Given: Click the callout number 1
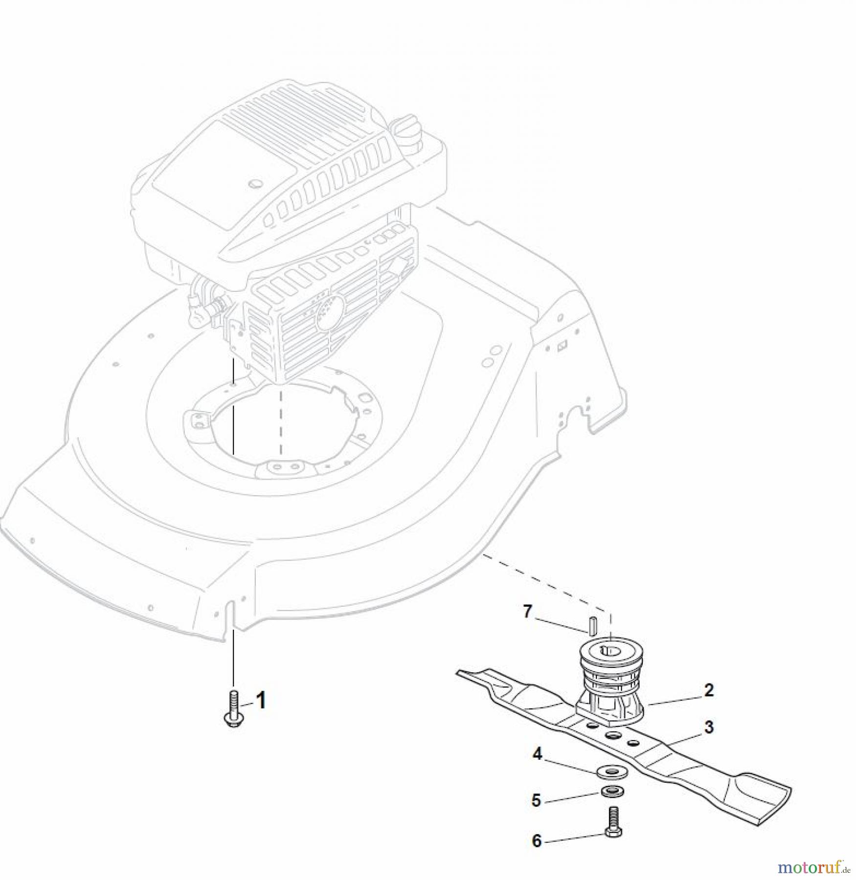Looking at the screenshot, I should pos(261,701).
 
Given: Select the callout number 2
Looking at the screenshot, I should pos(709,690).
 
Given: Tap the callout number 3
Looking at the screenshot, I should pos(709,727).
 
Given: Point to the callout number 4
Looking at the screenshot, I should pos(537,755).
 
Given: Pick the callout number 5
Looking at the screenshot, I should pos(537,801).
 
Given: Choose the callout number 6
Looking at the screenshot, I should pos(537,841).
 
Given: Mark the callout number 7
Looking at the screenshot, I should pos(527,612).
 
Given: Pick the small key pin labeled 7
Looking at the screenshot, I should pos(592,625).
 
